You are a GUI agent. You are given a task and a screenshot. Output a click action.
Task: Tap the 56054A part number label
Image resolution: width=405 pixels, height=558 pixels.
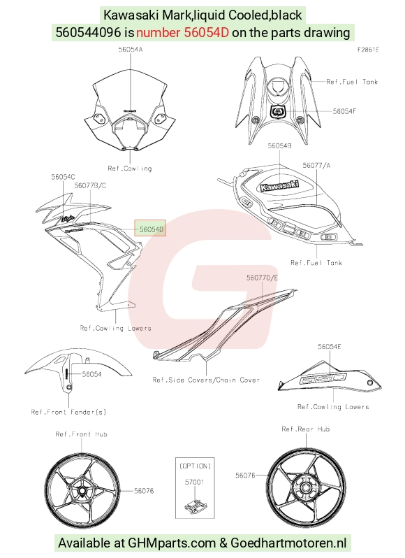click(x=131, y=50)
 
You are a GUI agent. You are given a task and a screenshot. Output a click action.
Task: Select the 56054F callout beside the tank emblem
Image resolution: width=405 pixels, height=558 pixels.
click(x=344, y=111)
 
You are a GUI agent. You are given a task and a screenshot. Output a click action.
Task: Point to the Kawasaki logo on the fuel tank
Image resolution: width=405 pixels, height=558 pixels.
click(x=279, y=185)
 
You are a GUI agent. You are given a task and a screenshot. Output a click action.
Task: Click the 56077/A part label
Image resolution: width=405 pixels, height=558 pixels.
click(x=316, y=165)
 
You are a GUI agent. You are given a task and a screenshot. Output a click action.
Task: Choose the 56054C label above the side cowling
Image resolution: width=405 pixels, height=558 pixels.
click(x=64, y=177)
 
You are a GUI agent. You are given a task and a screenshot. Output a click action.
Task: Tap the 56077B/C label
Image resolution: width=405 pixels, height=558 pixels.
click(x=90, y=185)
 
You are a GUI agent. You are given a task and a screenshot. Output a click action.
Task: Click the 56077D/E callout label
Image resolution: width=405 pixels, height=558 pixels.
click(x=262, y=278)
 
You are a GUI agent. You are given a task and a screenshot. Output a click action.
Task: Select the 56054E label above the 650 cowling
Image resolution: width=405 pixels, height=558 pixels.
click(x=330, y=346)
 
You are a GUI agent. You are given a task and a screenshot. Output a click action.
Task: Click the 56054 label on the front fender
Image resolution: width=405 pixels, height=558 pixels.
click(x=91, y=374)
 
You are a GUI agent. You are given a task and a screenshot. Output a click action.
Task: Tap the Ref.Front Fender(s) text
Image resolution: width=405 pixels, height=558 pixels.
click(x=68, y=412)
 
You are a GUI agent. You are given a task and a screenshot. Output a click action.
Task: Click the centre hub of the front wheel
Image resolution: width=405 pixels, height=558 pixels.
click(x=82, y=491)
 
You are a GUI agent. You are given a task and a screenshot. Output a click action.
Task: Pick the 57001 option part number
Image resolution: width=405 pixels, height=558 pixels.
click(x=194, y=482)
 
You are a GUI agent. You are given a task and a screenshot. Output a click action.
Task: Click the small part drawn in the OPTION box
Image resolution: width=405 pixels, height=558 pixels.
click(x=195, y=507)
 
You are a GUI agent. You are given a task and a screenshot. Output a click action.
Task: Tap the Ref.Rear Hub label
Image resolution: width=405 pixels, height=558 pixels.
click(x=306, y=429)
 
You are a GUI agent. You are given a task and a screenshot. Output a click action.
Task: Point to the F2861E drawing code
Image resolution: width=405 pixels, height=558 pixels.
click(x=368, y=50)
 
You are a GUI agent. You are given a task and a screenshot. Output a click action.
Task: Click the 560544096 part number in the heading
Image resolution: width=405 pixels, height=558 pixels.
click(x=89, y=32)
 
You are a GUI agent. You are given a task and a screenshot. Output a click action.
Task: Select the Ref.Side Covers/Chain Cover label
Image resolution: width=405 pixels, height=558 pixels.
click(x=206, y=380)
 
